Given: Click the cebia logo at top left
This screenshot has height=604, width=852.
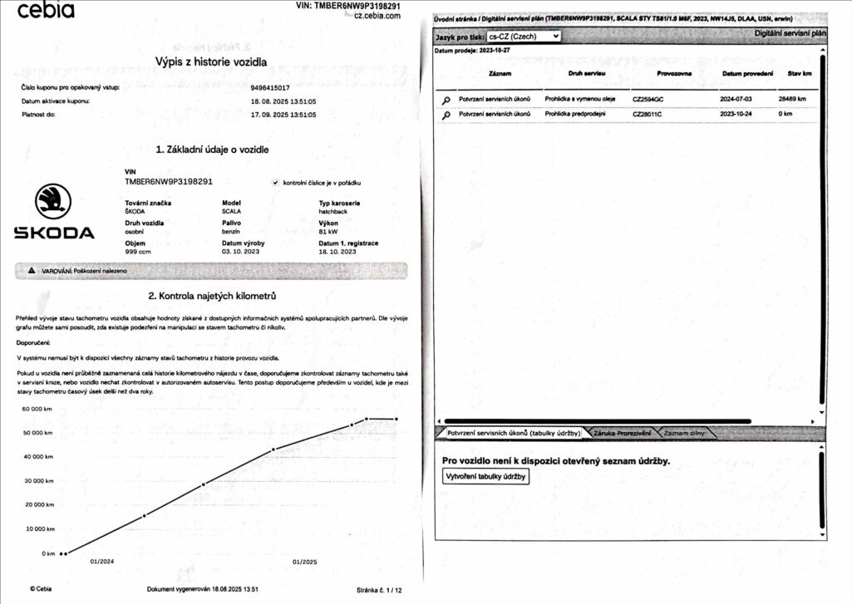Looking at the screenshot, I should (x=46, y=11).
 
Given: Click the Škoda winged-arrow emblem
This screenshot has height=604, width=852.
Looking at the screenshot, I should (x=53, y=202).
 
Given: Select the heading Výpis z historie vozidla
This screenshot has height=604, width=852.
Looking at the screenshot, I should (x=211, y=61).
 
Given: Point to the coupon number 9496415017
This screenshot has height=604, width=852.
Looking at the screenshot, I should (x=269, y=86).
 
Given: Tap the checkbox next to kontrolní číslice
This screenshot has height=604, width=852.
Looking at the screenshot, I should (x=275, y=183).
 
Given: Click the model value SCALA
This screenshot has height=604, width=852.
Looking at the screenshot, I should (x=231, y=212).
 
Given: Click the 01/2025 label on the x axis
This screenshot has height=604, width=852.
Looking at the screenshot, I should (x=305, y=562).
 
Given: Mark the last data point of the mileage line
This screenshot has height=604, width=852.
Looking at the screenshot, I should (x=396, y=419).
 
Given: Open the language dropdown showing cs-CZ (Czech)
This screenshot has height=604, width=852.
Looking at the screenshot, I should (x=524, y=37).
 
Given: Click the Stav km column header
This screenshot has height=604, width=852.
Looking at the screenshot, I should (x=800, y=74).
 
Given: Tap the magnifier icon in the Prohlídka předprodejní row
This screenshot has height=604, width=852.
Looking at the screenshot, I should (x=446, y=115).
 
